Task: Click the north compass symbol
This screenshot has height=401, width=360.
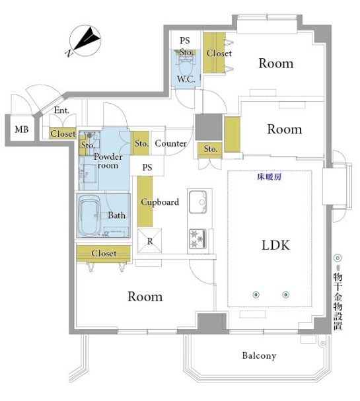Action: click(85, 41)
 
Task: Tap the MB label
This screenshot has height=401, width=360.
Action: click(22, 129)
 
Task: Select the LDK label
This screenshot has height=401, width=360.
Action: click(275, 245)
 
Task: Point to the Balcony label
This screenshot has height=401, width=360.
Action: click(259, 355)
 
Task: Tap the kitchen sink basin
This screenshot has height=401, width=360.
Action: click(198, 202)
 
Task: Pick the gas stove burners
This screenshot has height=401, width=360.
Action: click(198, 238)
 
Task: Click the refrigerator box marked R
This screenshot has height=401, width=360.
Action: click(150, 241)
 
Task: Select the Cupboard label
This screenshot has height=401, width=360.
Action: click(160, 202)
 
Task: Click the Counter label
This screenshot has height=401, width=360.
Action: click(171, 143)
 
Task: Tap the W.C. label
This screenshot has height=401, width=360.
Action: click(186, 79)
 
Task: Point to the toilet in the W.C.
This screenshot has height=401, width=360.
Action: click(186, 65)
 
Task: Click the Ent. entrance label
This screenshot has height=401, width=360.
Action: click(61, 110)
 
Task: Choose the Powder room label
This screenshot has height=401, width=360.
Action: click(108, 161)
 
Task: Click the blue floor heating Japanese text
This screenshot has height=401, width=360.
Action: click(269, 177)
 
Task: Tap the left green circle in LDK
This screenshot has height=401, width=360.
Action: click(256, 295)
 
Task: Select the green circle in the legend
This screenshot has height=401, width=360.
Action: click(338, 258)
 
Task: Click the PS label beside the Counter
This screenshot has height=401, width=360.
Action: click(147, 167)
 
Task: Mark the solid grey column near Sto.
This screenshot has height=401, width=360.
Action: click(209, 127)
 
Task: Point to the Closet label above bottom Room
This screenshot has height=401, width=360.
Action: click(104, 253)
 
